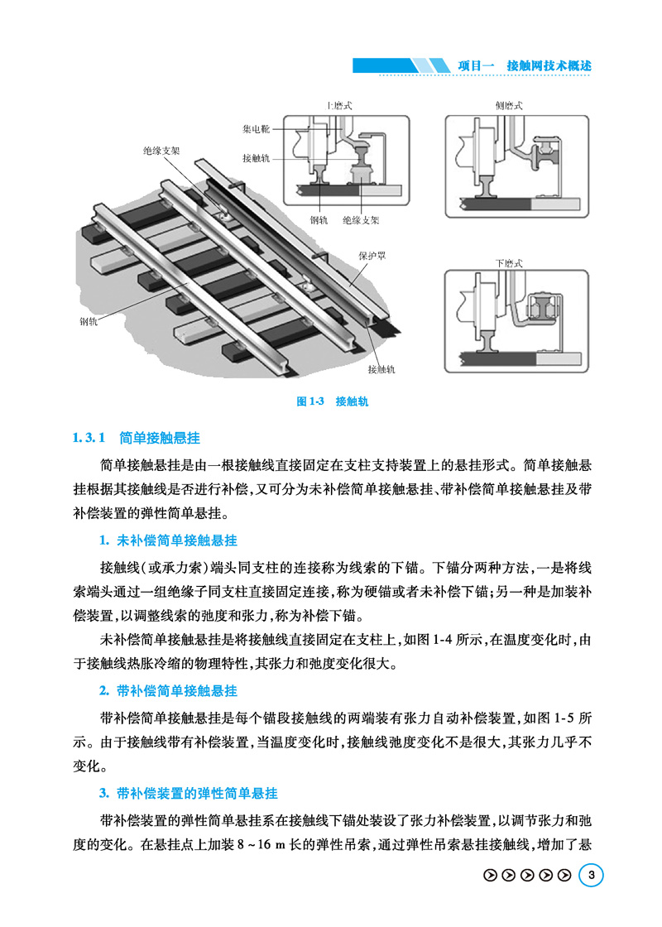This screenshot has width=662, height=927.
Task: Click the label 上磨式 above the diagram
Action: [340, 105]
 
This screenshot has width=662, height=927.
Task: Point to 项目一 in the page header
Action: [476, 65]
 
